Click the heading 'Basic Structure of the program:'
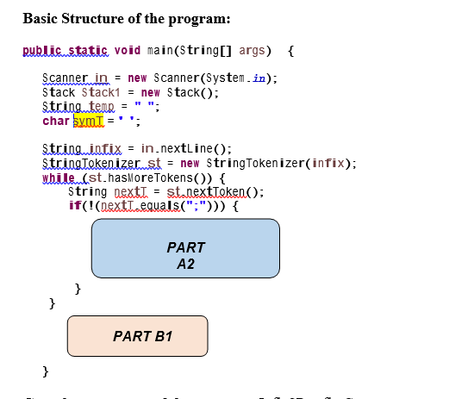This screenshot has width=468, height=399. [x=127, y=17]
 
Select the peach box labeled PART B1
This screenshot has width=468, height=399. [x=138, y=335]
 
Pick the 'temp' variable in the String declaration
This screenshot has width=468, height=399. [x=102, y=107]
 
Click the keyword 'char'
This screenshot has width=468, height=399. [x=56, y=121]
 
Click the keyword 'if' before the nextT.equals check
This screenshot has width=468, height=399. [x=74, y=206]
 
